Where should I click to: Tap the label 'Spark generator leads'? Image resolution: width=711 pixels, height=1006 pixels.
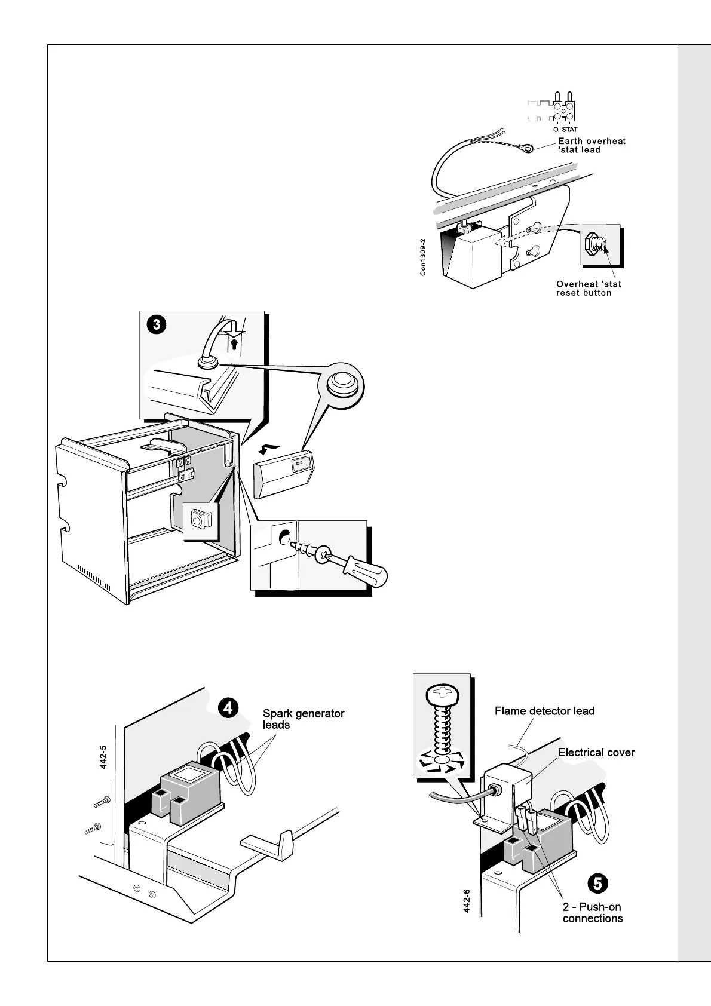pos(304,719)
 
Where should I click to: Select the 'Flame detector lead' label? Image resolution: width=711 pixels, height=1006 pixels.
pos(544,711)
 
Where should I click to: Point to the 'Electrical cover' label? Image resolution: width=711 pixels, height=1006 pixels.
pos(596,753)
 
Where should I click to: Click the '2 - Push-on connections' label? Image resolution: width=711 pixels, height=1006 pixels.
pos(592,912)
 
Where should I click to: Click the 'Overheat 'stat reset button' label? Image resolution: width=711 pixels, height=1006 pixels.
pos(588,288)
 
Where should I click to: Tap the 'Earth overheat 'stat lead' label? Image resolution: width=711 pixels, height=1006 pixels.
pos(592,145)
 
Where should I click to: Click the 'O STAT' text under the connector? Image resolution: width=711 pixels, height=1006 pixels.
pos(565,129)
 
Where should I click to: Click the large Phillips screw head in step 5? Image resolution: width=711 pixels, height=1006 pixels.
pos(442,694)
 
